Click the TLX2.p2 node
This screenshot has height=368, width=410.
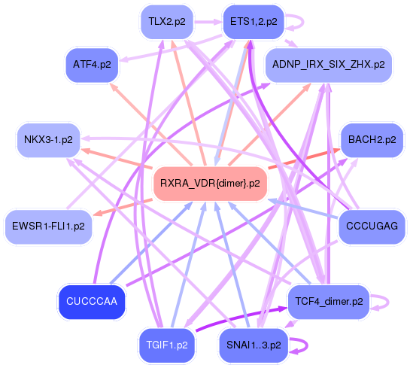167,22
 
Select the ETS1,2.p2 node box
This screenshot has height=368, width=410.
252,22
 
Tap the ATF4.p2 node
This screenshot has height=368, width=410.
93,65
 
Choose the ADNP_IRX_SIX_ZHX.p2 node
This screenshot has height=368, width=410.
329,65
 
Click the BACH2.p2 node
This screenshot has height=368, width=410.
371,140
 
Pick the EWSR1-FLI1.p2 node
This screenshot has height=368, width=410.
48,226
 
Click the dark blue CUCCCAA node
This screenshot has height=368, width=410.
93,301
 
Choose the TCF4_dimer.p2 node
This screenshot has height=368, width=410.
329,301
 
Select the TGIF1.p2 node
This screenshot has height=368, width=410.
167,345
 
